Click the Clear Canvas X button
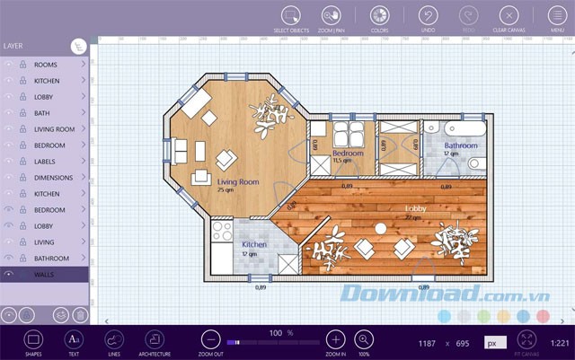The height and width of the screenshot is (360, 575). (509, 15)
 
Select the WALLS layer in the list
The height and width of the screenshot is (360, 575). (45, 274)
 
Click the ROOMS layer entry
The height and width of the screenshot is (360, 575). (45, 65)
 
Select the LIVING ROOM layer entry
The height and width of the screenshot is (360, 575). (54, 129)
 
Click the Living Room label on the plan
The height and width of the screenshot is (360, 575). (238, 182)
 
